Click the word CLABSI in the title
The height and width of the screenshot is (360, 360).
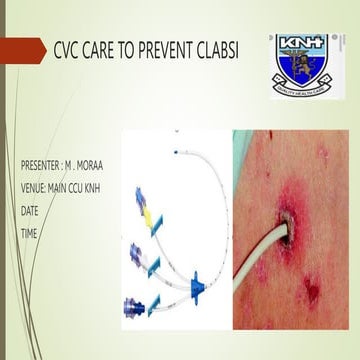[211, 50]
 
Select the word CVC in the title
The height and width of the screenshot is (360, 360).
[51, 50]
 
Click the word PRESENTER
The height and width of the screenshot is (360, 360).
[41, 163]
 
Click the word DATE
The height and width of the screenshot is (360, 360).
[29, 210]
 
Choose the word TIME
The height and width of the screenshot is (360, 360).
[28, 233]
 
